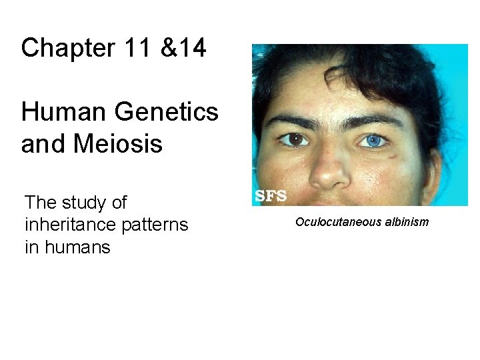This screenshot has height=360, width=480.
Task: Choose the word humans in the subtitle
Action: [x=77, y=248]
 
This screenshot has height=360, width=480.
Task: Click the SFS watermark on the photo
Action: [x=271, y=196]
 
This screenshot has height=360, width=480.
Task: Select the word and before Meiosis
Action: [x=39, y=143]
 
